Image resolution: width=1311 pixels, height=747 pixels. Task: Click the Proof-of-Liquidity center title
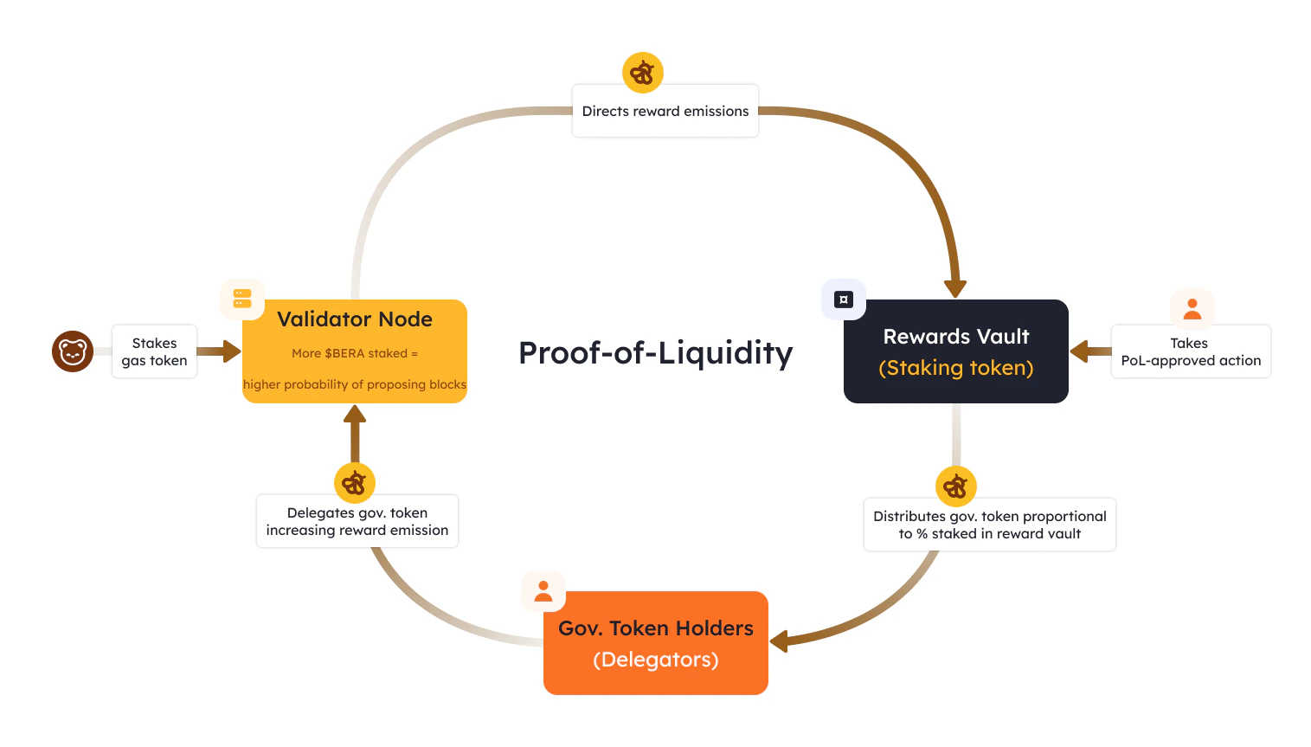pos(655,353)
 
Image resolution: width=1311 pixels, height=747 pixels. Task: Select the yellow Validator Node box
pos(355,351)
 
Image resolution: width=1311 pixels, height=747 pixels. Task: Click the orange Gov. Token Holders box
pos(655,643)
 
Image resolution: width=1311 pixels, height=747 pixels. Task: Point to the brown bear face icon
pos(73,351)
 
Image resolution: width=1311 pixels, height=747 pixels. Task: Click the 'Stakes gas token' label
pos(154,351)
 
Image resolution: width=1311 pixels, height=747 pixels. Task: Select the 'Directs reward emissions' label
pos(665,111)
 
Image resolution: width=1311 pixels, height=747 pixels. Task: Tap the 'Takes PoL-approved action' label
pos(1190,351)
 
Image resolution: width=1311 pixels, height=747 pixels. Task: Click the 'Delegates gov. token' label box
pos(357,521)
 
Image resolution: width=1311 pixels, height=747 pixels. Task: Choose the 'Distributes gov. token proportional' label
pos(989,525)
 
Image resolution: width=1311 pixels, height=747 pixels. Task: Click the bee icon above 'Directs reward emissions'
pos(643,73)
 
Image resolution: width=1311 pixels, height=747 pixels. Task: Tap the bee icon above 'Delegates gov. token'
pos(355,483)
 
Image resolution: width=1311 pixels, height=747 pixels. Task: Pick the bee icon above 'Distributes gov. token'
pos(956,486)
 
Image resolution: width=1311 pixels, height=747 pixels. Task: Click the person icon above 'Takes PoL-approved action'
pos(1192,309)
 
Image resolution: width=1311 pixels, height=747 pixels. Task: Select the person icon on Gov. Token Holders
pos(543,591)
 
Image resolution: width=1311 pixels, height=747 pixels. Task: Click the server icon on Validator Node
pos(242,299)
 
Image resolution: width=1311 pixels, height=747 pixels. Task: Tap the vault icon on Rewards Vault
pos(844,299)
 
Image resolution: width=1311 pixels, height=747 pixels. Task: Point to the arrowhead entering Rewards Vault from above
pos(955,288)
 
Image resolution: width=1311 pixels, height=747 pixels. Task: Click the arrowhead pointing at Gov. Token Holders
pos(779,641)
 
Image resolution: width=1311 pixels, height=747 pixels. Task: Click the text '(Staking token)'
pos(955,368)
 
